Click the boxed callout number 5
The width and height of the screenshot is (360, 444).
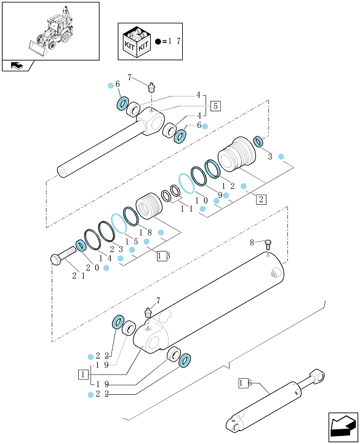pos(215,106)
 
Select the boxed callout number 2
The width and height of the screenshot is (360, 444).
pos(261,199)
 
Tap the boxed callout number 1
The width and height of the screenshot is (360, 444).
pos(83,375)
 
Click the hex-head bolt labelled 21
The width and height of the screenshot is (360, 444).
pos(63,256)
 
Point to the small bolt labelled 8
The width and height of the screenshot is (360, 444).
pos(268,244)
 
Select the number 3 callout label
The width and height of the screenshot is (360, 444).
pos(270,157)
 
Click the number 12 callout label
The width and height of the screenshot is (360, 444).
pos(228,186)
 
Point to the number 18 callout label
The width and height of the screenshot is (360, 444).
pos(145,232)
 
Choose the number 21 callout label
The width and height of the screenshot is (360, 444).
pos(79,276)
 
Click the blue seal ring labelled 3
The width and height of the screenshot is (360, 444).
pos(258,141)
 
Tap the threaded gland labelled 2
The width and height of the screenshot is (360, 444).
pos(237,154)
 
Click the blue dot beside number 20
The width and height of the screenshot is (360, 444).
pos(106,268)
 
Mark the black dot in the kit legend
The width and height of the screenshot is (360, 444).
pos(158,42)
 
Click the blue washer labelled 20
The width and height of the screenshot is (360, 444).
pos(81,245)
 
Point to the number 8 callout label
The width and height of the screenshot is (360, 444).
pos(252,242)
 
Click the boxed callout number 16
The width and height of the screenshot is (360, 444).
pos(245,383)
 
